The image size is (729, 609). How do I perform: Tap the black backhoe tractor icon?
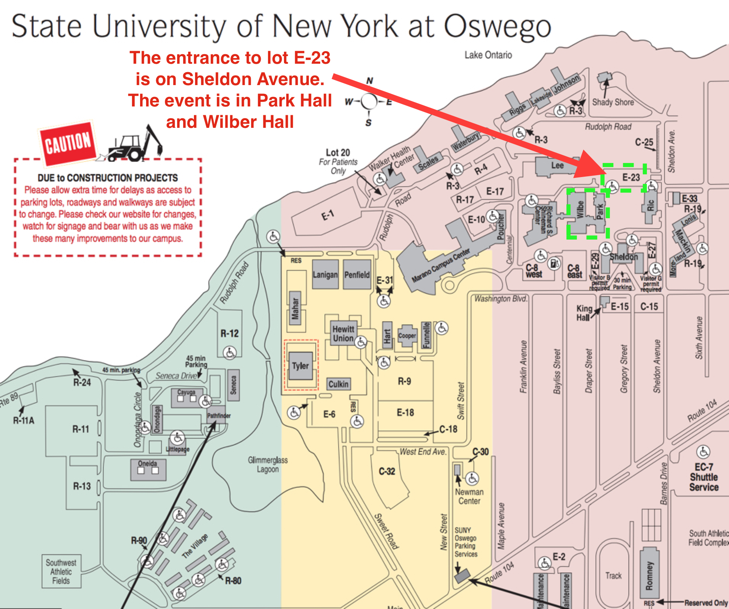[135, 145]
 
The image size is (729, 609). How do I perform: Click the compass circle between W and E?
[369, 101]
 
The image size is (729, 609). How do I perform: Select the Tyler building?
[300, 366]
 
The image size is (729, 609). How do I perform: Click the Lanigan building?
[325, 274]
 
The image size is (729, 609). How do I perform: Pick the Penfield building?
[357, 274]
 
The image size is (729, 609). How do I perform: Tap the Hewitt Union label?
[343, 333]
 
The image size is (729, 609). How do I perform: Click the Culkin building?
[338, 384]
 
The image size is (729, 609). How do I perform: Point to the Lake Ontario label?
[488, 55]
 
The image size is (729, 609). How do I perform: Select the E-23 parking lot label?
[631, 177]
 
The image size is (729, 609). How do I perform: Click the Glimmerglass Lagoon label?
[268, 464]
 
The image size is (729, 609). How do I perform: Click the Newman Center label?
[469, 496]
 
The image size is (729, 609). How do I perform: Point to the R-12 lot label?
[229, 333]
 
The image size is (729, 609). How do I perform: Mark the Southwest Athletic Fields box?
[61, 571]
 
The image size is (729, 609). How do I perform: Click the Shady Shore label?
[613, 102]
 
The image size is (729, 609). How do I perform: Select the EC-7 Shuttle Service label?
[703, 477]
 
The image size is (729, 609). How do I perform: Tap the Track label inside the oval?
[613, 575]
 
